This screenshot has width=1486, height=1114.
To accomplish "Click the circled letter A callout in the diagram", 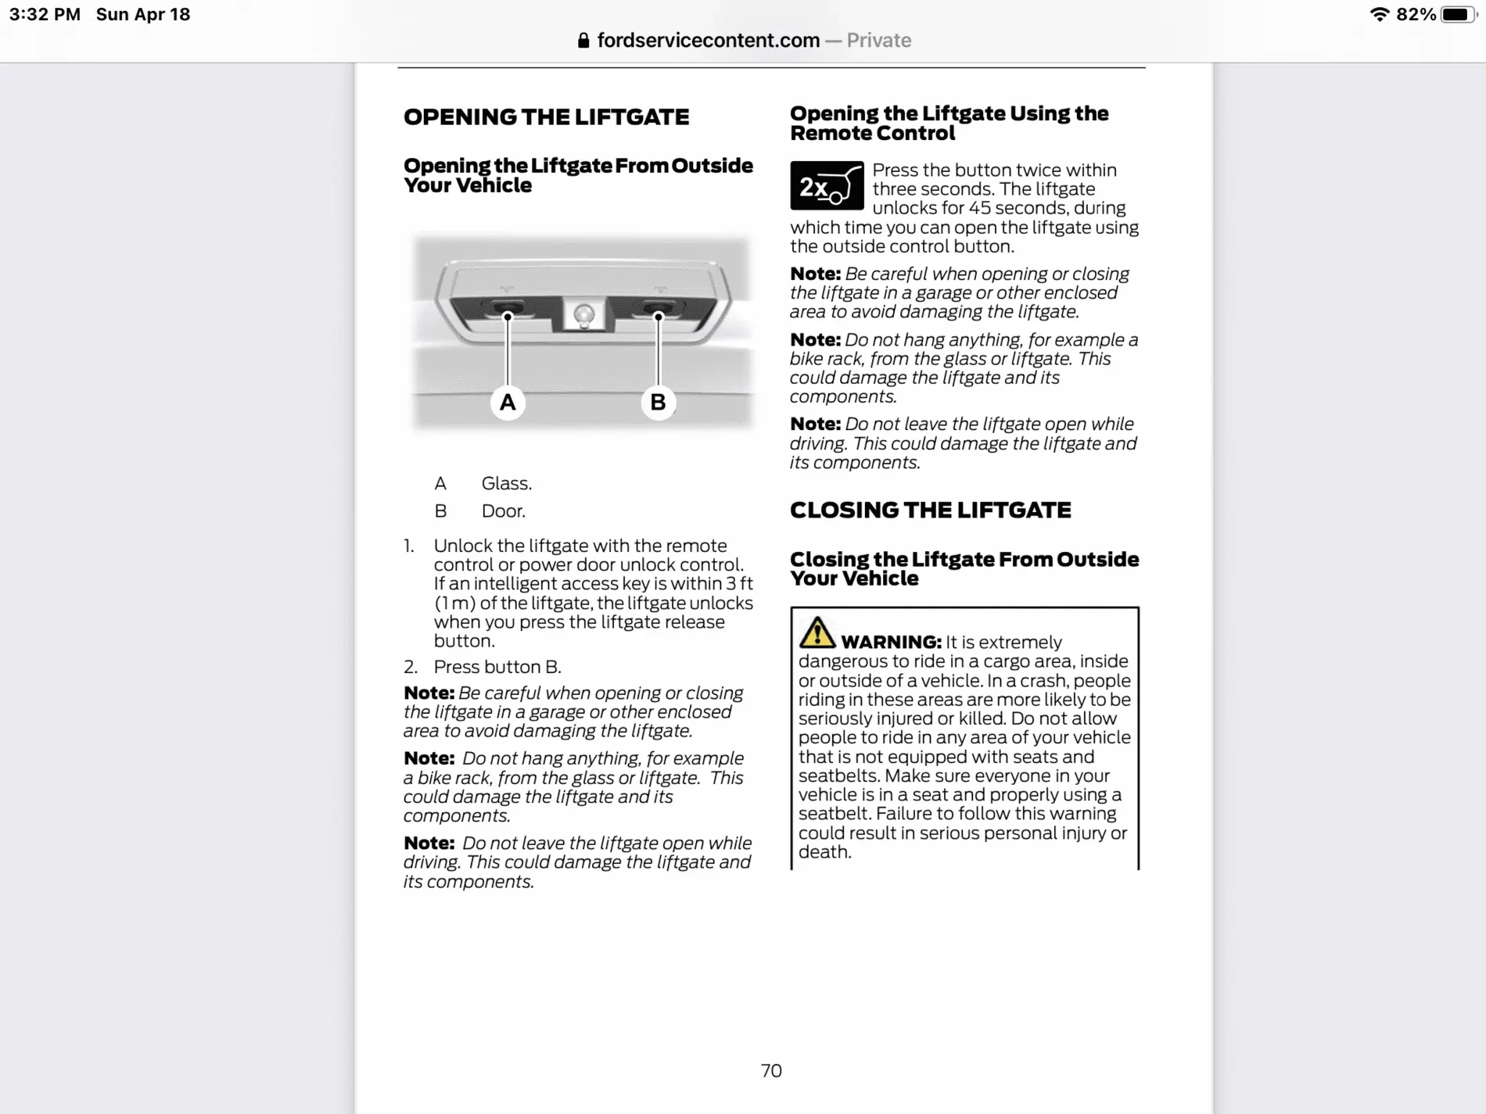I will coord(508,403).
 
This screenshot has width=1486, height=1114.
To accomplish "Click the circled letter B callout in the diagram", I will coord(658,403).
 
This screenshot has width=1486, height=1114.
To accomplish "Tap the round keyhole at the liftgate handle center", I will coord(583,315).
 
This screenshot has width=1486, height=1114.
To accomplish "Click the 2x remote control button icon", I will coord(827,186).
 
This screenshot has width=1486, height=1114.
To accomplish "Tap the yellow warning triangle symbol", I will coord(817,632).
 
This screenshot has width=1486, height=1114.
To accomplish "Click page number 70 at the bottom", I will coord(771,1070).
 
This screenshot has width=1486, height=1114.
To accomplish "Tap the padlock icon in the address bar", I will coord(583,41).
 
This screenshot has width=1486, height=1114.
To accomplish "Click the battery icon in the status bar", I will coord(1457,15).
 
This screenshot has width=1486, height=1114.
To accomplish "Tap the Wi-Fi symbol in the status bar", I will coord(1379,15).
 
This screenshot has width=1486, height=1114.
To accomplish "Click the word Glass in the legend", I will coord(506,483).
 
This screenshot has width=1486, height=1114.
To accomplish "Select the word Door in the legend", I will coord(503,511).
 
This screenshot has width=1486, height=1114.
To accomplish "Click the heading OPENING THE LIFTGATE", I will coord(546,117).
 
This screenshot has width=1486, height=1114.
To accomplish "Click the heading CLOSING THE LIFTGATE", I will coord(930,510).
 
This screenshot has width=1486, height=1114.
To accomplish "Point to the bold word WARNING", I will coord(891,642).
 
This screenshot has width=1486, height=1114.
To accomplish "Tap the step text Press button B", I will coord(497,667).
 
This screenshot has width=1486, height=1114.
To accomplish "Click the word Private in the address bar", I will coord(878,41).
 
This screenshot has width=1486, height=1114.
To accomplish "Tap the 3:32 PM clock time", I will coord(45,15).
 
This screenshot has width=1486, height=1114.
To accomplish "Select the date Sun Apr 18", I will coord(143,15).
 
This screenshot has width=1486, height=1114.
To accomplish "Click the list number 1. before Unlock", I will coord(408,546).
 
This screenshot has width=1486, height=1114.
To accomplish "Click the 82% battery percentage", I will coord(1416,15).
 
